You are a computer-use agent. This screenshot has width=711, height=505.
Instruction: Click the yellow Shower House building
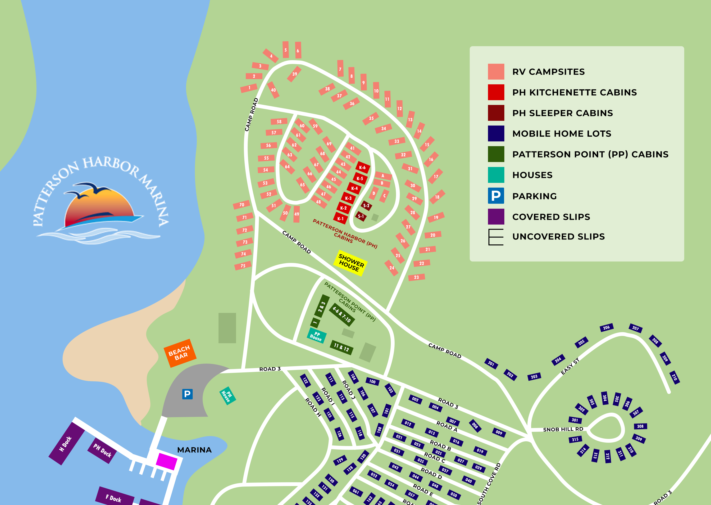coord(350,263)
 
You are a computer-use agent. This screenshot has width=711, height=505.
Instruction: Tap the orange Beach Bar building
coord(180,353)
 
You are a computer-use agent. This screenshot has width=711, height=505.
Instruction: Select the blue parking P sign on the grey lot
coord(187,394)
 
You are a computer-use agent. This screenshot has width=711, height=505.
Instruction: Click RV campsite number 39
coord(294,74)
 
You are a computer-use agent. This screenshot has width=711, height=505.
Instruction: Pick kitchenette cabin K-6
coord(363,167)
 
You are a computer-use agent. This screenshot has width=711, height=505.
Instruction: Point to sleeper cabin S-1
coord(361,216)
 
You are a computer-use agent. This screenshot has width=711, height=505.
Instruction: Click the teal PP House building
coord(316,336)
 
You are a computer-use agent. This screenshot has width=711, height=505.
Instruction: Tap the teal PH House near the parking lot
coord(228,396)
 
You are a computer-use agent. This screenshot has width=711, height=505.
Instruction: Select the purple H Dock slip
coord(66,443)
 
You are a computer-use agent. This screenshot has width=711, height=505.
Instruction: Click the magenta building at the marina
coord(166,461)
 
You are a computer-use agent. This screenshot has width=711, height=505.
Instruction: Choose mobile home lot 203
coord(534,377)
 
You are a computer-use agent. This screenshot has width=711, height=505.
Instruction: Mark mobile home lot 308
coord(640,426)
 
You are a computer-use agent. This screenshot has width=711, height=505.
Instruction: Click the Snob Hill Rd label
coord(563,429)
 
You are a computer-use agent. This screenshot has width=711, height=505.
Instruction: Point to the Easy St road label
coord(570,366)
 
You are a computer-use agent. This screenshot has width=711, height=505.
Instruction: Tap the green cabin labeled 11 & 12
coord(341,347)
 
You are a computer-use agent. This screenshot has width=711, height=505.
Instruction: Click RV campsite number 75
coord(243,266)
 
